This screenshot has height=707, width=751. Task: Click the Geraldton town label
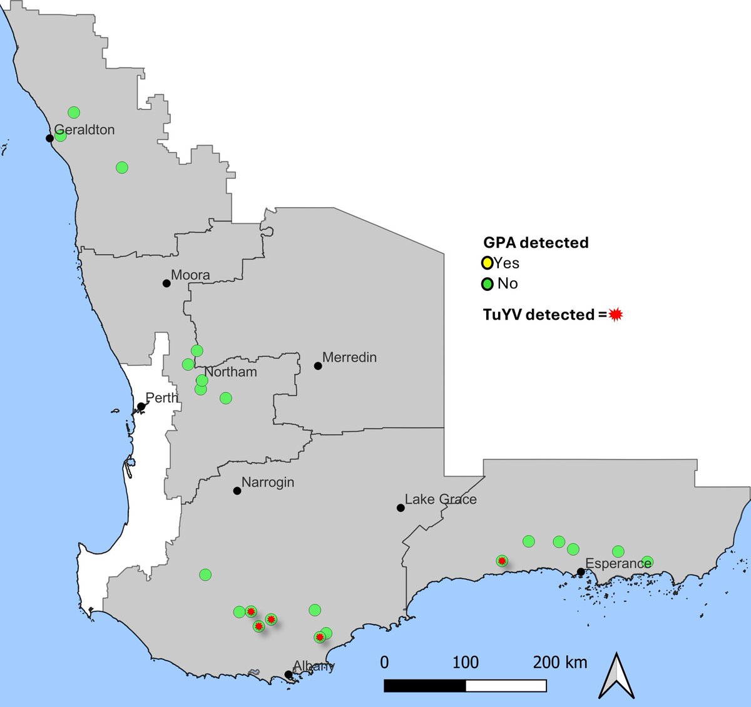point(84,130)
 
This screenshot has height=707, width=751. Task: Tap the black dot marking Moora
point(166,283)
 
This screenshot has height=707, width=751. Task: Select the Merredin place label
point(349,358)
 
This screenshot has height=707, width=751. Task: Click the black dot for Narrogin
point(237,491)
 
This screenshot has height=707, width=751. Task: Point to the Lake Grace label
point(441,499)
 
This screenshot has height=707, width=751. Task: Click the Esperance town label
point(618,563)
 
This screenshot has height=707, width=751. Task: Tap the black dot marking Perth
point(141,407)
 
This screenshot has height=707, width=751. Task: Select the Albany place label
point(314,666)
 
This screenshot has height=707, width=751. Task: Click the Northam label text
point(231,372)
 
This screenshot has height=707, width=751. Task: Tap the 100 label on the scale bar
point(466,662)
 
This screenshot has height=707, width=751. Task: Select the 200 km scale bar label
point(560,662)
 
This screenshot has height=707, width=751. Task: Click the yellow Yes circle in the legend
point(487,263)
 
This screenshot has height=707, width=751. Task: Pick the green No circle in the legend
point(487,284)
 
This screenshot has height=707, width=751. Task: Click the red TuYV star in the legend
point(616,315)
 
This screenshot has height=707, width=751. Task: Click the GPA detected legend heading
point(536,243)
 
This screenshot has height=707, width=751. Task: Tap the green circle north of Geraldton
point(74,113)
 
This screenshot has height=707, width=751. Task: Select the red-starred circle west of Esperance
point(501,561)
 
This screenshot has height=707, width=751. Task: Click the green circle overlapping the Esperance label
point(647,561)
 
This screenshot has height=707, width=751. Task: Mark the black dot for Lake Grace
point(401,508)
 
